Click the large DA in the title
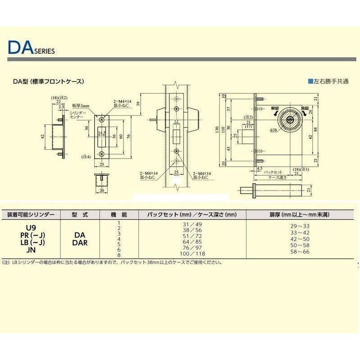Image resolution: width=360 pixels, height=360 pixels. click(x=19, y=48)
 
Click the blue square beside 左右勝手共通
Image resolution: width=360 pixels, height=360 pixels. click(x=310, y=82)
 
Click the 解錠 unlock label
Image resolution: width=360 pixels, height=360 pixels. click(x=275, y=109)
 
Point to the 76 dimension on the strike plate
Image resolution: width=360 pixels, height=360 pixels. click(x=128, y=137)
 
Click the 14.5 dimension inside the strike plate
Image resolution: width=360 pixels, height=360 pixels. click(x=102, y=132)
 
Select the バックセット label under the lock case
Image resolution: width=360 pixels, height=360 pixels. click(x=272, y=172)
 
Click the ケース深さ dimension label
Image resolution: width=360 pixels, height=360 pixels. click(x=277, y=178)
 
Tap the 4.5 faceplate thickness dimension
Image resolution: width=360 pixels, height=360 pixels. click(x=259, y=169)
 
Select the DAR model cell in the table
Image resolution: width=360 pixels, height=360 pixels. click(x=79, y=242)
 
